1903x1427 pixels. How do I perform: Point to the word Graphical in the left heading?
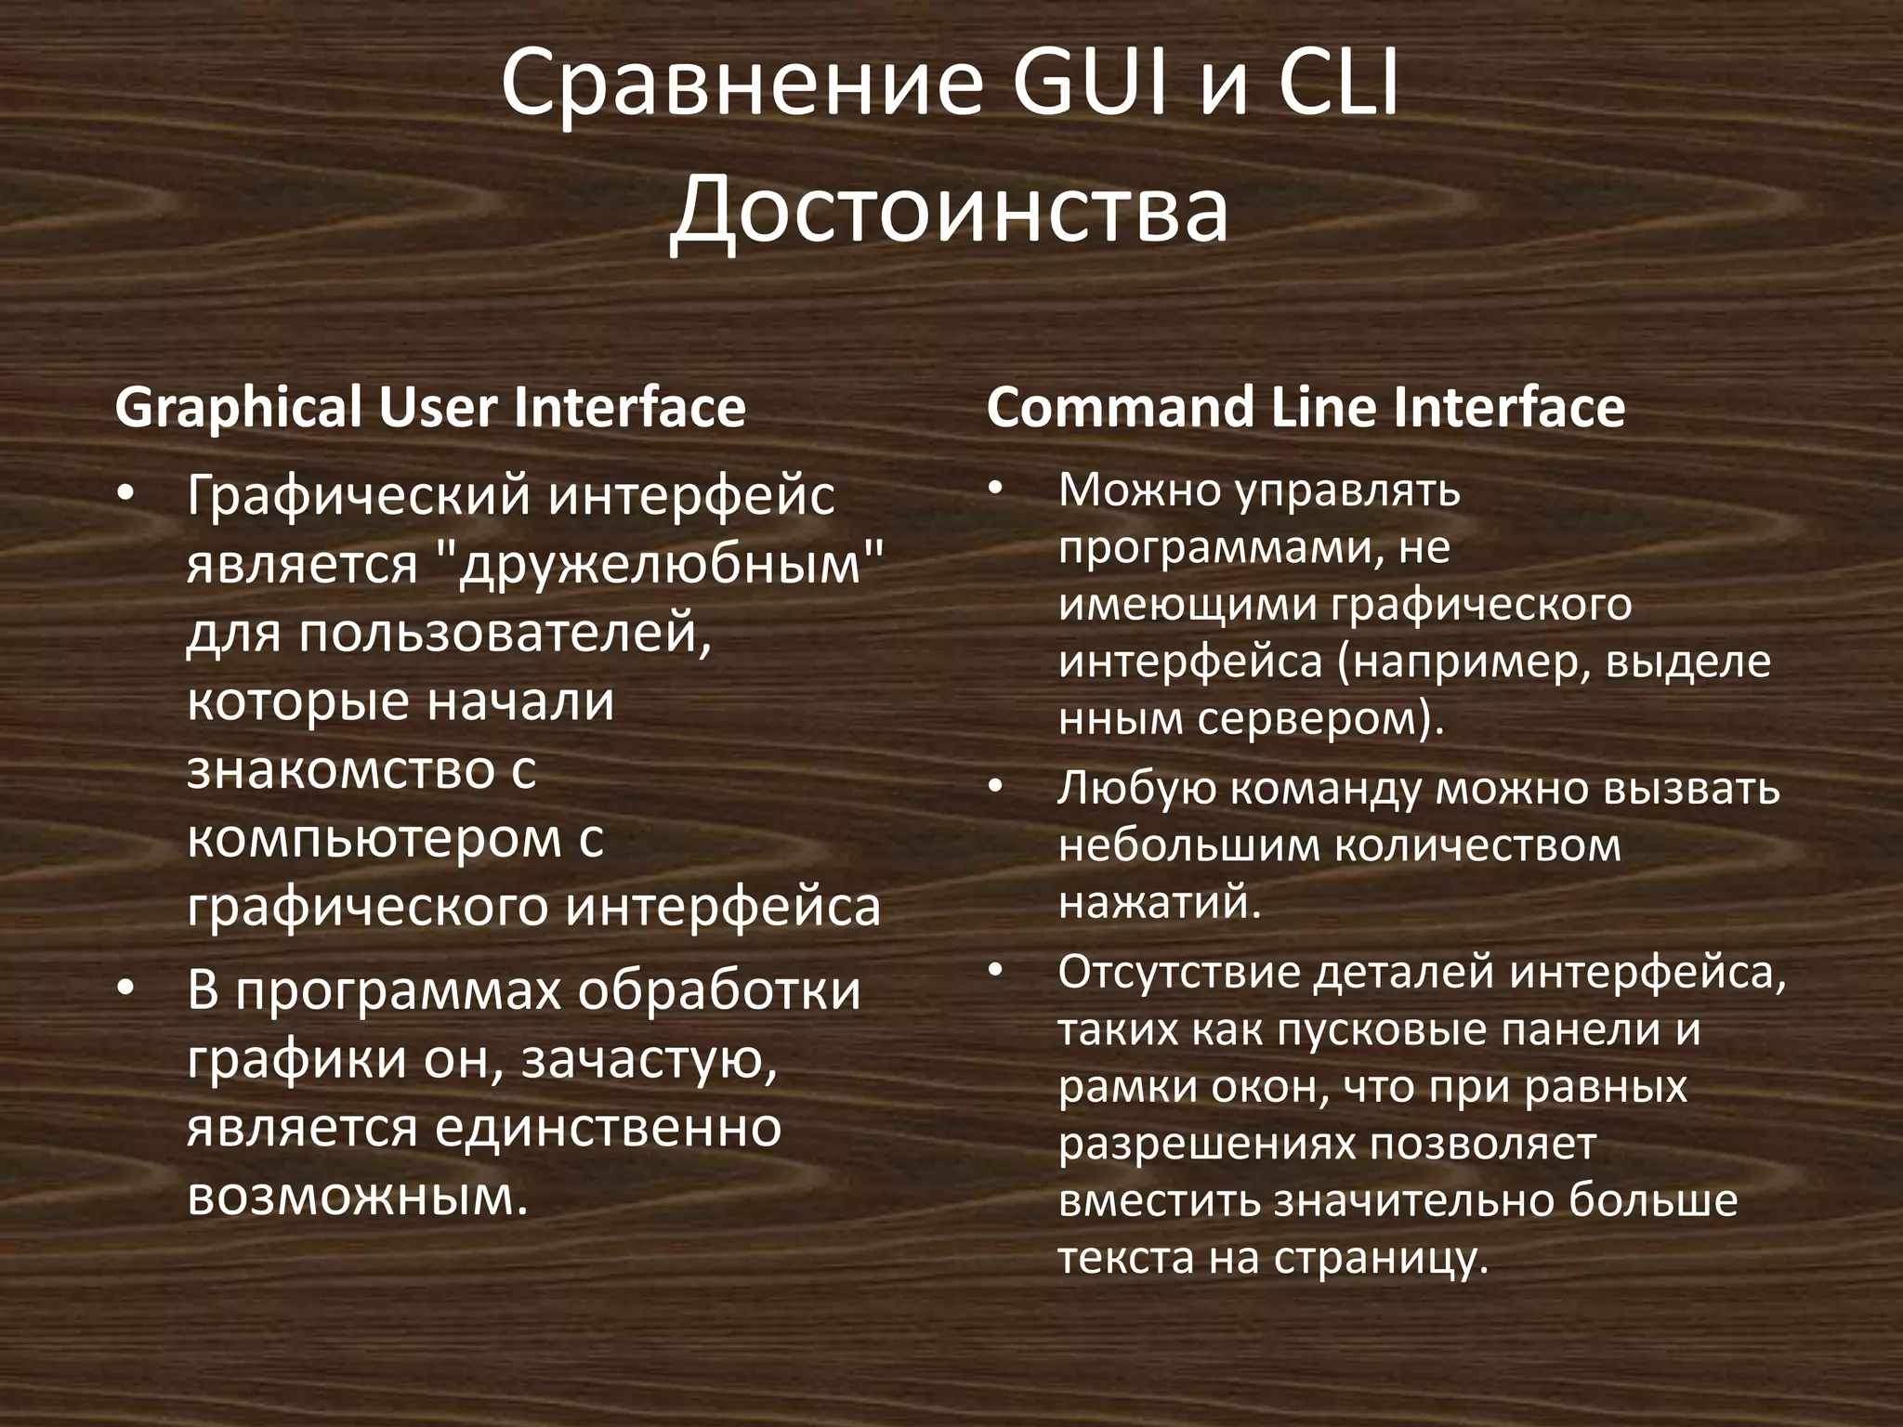click(x=239, y=409)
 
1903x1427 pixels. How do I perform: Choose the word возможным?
click(x=357, y=1197)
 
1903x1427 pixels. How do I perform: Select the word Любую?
click(x=1136, y=789)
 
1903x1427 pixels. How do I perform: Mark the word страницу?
click(x=1381, y=1258)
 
